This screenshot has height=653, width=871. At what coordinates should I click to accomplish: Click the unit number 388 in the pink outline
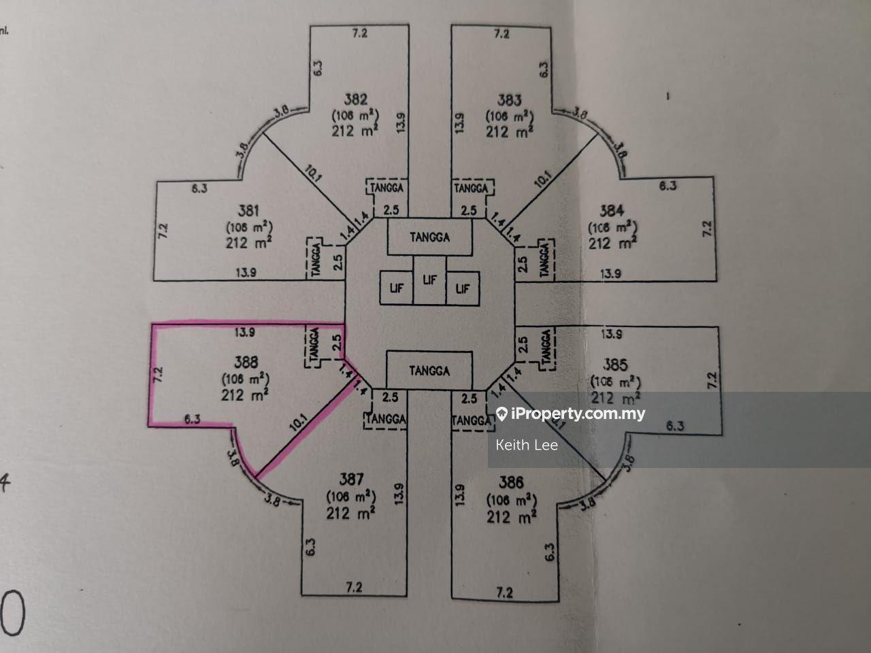[x=244, y=363]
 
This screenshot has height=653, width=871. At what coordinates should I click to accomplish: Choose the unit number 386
[x=510, y=482]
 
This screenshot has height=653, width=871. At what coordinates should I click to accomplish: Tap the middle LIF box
[x=429, y=280]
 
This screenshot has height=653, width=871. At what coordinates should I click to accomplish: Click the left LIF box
[x=396, y=288]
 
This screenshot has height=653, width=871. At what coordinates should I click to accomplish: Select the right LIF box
[x=463, y=288]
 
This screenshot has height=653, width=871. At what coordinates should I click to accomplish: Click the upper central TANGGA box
[x=429, y=237]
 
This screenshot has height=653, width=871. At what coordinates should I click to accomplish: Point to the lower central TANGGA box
[x=429, y=371]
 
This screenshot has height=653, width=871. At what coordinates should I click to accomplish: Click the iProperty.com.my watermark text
[x=578, y=414]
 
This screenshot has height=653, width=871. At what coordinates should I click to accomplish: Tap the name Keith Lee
[x=527, y=445]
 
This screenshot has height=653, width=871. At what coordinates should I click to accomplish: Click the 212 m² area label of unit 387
[x=351, y=513]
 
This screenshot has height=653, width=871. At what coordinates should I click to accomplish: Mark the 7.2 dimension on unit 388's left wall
[x=159, y=374]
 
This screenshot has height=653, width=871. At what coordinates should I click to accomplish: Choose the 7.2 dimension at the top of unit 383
[x=502, y=33]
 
